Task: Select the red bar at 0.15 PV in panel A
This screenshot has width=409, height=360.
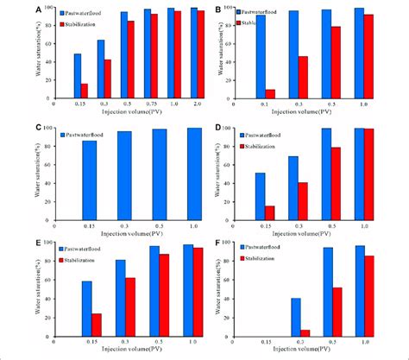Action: click(84, 91)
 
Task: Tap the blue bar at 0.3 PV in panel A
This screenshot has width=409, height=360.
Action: click(101, 69)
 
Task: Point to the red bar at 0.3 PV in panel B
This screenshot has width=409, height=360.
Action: click(303, 77)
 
